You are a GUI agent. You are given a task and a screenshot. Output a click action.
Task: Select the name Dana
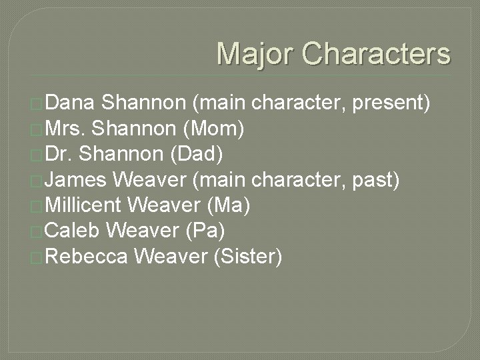(x=73, y=103)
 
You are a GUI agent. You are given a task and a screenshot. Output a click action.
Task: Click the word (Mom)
(x=216, y=129)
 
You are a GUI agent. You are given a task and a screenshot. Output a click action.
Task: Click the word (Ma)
(x=229, y=205)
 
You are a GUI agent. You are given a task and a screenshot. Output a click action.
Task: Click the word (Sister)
(x=247, y=255)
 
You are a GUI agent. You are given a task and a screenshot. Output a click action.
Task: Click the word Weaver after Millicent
(x=169, y=205)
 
